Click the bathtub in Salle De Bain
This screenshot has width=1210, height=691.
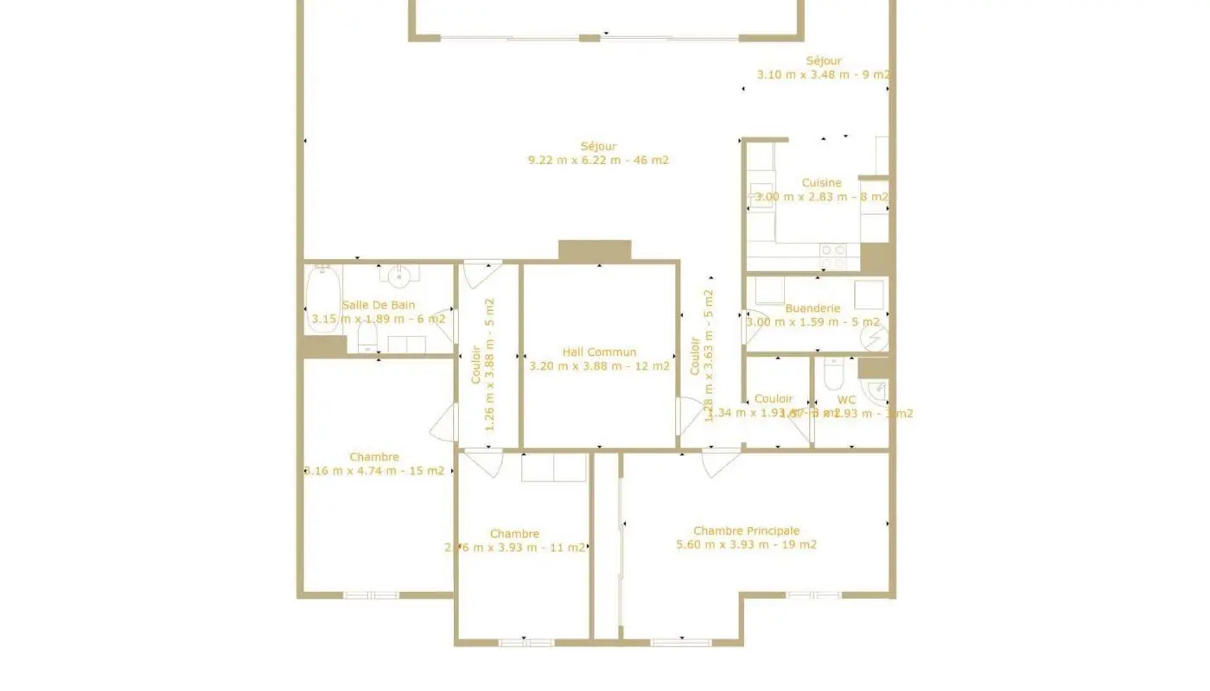pyautogui.click(x=322, y=298)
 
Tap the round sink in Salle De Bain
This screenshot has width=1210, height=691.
pyautogui.click(x=398, y=277)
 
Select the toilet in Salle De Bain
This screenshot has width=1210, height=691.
pyautogui.click(x=366, y=339)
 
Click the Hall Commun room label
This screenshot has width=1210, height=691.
pyautogui.click(x=599, y=352)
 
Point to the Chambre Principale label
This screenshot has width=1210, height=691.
pyautogui.click(x=746, y=530)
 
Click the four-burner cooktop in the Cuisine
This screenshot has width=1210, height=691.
pyautogui.click(x=833, y=256)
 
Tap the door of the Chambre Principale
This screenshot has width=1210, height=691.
pyautogui.click(x=720, y=462)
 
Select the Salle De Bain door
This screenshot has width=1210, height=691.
pyautogui.click(x=444, y=325)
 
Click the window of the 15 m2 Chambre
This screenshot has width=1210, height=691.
pyautogui.click(x=371, y=594)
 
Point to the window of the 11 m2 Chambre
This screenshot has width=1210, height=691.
pyautogui.click(x=525, y=642)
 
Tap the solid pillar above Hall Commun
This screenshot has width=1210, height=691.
pyautogui.click(x=595, y=250)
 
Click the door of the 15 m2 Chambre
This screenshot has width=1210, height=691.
pyautogui.click(x=444, y=422)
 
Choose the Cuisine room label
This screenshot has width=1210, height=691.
pyautogui.click(x=821, y=182)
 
